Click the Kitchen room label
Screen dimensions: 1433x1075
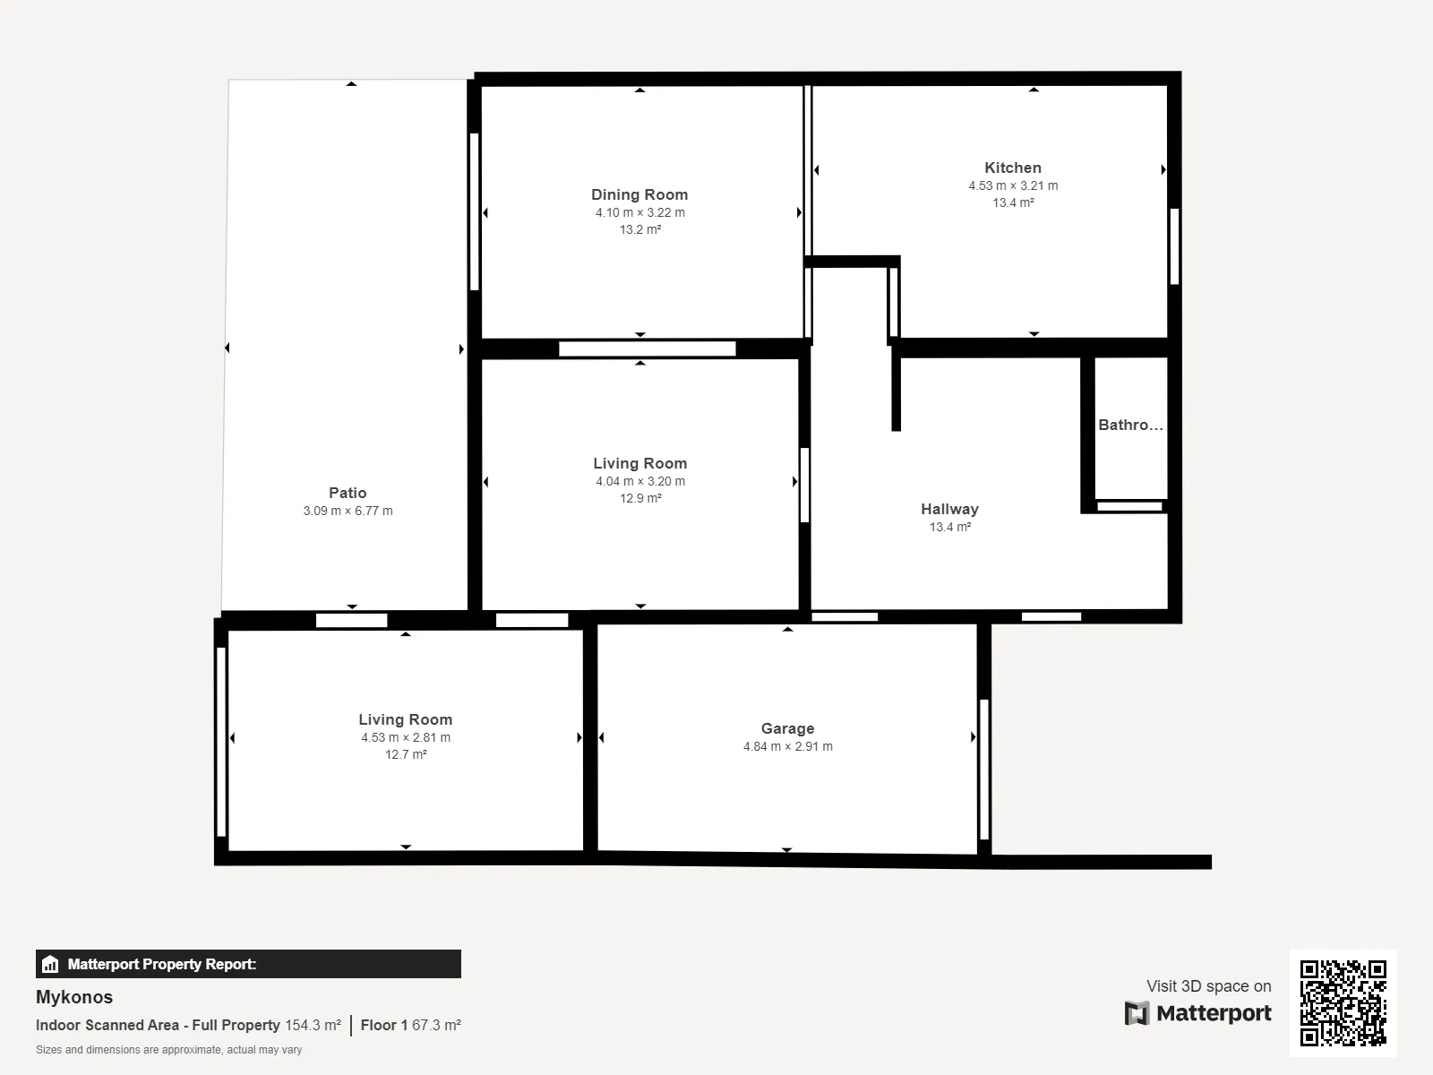coord(1013,168)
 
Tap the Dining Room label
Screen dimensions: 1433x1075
coord(639,194)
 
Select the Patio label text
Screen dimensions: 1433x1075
coord(348,493)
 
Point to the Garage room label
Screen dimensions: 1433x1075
coord(787,728)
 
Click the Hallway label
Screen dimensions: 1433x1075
coord(949,509)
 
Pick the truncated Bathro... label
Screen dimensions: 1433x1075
coord(1130,425)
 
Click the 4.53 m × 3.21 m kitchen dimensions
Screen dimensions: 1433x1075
coord(1013,186)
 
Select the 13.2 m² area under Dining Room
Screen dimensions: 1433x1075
coord(639,229)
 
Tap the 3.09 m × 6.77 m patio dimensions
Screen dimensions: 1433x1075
coord(348,511)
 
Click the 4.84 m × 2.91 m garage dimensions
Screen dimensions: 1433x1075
coord(787,747)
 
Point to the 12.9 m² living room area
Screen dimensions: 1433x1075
coord(639,499)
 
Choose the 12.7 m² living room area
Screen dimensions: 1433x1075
coord(406,754)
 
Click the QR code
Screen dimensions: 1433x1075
coord(1343,1002)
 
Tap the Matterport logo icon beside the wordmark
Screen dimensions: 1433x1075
coord(1137,1013)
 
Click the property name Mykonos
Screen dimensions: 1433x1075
coord(73,997)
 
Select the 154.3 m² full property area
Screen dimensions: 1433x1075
coord(313,1026)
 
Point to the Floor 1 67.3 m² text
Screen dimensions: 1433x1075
coord(410,1026)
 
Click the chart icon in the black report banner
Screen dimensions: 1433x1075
coord(50,964)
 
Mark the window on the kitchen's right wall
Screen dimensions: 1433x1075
coord(1174,246)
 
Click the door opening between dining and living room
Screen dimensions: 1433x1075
coord(647,349)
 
